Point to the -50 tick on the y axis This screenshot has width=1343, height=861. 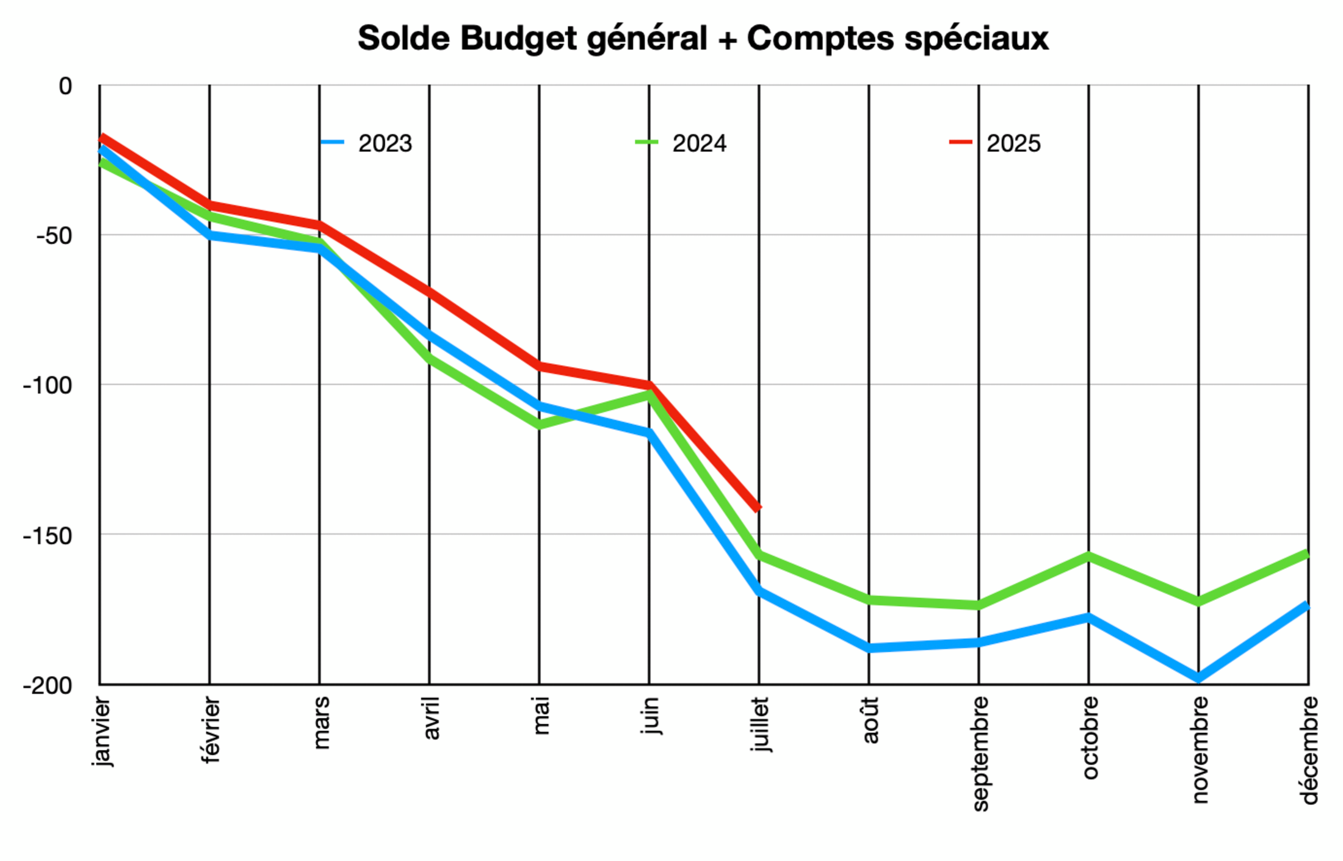[54, 236]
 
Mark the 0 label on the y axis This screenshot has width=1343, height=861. [65, 86]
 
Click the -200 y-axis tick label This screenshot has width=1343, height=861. [48, 685]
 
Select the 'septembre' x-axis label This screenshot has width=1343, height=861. [979, 753]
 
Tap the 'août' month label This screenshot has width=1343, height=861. [870, 720]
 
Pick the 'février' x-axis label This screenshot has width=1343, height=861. [210, 730]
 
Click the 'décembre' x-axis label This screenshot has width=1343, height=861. [1309, 750]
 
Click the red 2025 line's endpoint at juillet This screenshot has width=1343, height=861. [759, 508]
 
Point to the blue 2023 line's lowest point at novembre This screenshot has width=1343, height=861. [1198, 678]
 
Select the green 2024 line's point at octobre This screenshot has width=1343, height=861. [1088, 556]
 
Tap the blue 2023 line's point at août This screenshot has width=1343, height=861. [869, 648]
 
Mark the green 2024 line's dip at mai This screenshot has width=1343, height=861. [539, 424]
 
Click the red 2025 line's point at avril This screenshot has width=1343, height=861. [429, 292]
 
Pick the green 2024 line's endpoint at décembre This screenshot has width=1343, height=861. [1307, 554]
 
